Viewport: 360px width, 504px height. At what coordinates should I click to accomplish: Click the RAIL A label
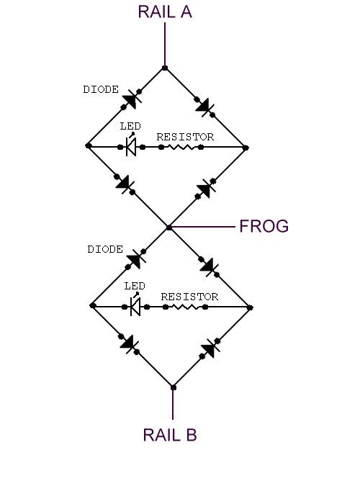[165, 12]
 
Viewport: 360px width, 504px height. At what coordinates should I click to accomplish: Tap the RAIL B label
[170, 435]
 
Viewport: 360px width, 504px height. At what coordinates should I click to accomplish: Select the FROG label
[264, 226]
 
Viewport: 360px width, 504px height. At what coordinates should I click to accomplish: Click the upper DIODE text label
[101, 89]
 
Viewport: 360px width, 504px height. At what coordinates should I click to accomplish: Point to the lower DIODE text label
[105, 249]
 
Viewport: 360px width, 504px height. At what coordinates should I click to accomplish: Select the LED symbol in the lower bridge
[135, 305]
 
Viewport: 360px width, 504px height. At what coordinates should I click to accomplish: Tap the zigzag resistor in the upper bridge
[181, 147]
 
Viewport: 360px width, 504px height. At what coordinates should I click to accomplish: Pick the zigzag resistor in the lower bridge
[186, 307]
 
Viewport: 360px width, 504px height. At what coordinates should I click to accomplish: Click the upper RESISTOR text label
[185, 137]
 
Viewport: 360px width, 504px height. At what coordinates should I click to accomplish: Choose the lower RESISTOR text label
[189, 297]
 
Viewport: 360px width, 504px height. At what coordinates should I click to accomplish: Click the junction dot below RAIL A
[165, 68]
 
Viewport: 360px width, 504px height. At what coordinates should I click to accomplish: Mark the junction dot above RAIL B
[174, 387]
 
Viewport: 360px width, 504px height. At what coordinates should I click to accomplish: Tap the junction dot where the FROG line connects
[169, 228]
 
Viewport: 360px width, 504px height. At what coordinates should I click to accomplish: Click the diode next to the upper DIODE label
[132, 99]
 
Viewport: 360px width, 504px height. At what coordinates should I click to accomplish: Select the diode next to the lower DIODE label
[135, 259]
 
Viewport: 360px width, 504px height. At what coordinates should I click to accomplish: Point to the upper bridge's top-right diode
[204, 107]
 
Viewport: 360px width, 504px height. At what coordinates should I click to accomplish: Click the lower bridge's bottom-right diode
[210, 348]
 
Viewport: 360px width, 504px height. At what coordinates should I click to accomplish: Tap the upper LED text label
[130, 126]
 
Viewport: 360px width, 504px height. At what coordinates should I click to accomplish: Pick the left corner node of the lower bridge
[93, 306]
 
